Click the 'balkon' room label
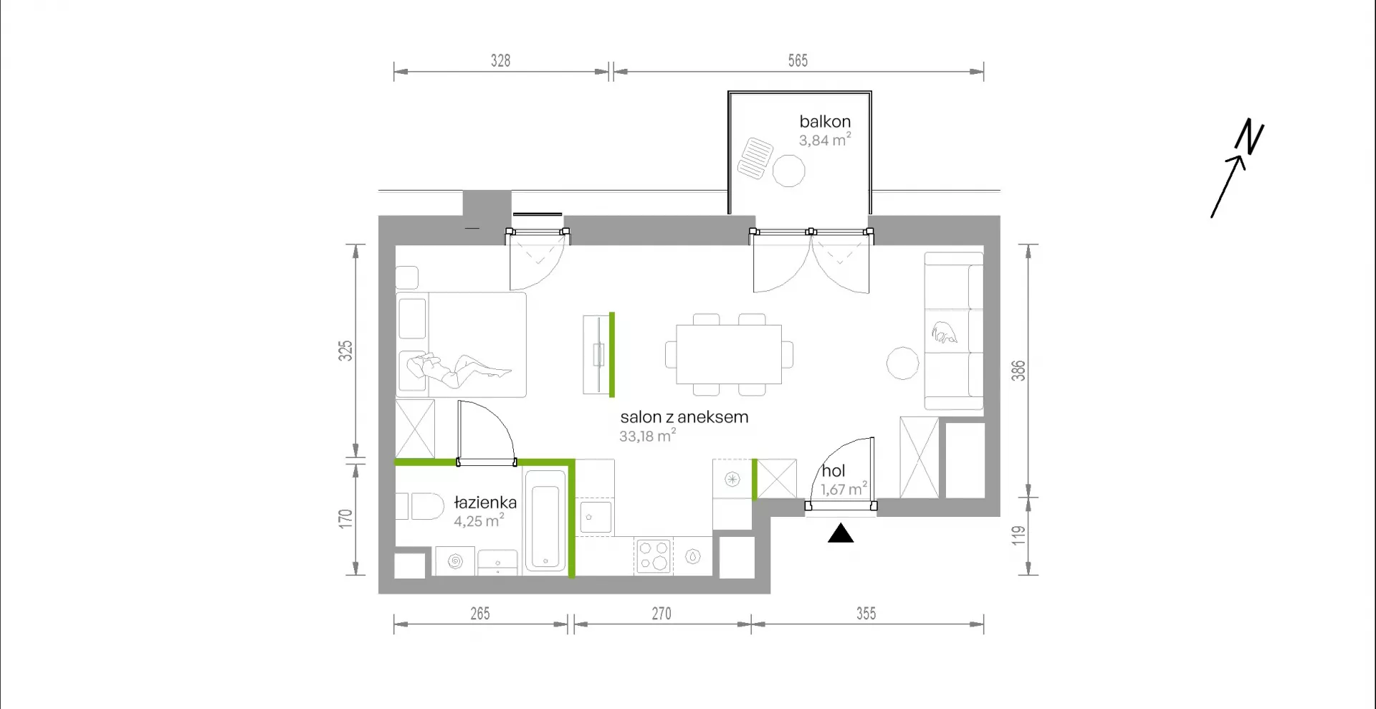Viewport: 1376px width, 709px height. (825, 122)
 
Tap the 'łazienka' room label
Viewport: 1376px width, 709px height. (485, 503)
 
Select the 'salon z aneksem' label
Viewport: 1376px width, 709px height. (684, 417)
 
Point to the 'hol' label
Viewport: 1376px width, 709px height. (833, 471)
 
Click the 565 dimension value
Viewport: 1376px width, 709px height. (798, 61)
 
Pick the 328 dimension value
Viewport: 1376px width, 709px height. (500, 61)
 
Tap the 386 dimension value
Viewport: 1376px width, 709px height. (1018, 371)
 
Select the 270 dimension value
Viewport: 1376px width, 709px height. (661, 614)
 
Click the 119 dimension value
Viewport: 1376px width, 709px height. (1018, 536)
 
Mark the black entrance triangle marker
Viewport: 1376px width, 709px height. (841, 534)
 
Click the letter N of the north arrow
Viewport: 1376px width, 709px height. (1250, 136)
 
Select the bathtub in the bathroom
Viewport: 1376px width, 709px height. (545, 520)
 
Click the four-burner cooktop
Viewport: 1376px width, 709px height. (653, 556)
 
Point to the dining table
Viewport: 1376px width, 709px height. (729, 354)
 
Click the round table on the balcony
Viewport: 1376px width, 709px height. (788, 171)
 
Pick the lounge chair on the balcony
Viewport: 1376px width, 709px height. (755, 158)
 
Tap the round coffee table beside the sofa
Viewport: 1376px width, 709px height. (902, 363)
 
